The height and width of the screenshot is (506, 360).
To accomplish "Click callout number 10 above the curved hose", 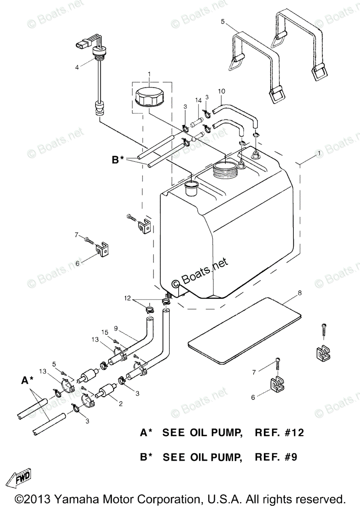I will (222, 91).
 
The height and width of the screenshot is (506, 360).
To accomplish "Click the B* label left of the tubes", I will (118, 160).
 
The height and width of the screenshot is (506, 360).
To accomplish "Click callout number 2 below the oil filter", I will (121, 404).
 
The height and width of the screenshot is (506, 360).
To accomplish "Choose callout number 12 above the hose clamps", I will (127, 299).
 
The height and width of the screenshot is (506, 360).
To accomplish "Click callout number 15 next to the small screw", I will (105, 332).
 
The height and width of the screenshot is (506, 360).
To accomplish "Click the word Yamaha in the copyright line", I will (81, 498).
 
